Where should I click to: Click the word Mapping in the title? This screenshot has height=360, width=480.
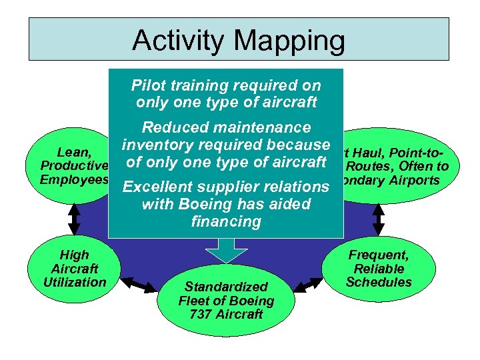[x=291, y=41]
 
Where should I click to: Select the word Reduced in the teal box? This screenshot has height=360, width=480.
[x=175, y=127]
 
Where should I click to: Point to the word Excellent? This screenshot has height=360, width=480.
[x=161, y=187]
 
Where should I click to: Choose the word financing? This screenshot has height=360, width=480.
[x=225, y=222]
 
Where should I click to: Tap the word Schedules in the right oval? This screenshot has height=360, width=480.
[x=379, y=282]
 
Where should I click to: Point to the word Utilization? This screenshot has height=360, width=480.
[x=75, y=282]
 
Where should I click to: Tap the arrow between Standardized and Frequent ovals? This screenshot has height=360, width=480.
[x=308, y=285]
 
